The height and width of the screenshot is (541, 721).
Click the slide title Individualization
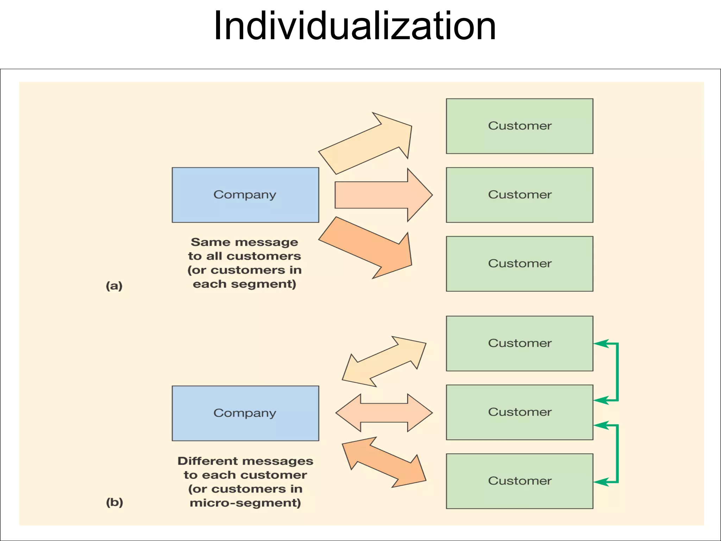pos(355,26)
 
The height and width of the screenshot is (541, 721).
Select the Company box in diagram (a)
pos(245,195)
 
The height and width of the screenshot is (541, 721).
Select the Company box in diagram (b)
pos(245,413)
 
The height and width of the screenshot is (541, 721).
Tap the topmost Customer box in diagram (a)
pos(519,126)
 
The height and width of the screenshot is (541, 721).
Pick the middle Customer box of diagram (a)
pos(519,195)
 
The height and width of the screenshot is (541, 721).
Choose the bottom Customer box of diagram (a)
pos(519,263)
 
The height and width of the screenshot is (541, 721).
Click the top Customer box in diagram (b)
pos(519,343)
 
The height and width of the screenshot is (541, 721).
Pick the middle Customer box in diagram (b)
pos(519,412)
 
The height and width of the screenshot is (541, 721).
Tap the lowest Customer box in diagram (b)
pos(519,481)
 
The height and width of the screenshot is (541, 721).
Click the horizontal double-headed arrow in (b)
pos(384,413)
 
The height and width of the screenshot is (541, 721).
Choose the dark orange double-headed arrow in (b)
pos(384,462)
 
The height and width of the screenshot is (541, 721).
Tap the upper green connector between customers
pos(617,372)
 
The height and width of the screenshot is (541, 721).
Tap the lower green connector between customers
pos(617,454)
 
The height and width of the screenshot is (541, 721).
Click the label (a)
pos(114,286)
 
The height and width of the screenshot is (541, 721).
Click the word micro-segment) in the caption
pos(245,503)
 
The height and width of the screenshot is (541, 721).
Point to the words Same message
pos(244,242)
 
